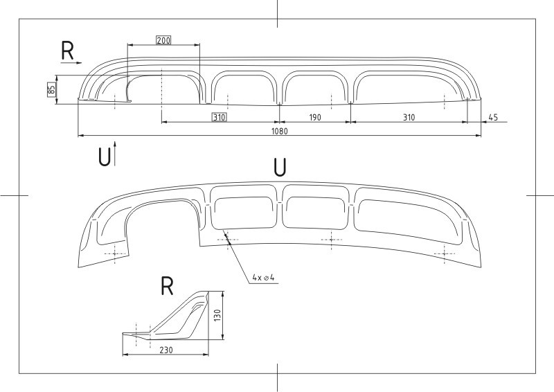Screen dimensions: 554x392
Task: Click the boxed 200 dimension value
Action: [163, 40]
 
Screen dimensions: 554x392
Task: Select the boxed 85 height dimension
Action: [51, 89]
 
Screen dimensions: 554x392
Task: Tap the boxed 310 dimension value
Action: [219, 117]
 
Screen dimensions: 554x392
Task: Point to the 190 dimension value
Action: [315, 117]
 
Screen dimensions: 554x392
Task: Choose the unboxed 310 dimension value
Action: [409, 117]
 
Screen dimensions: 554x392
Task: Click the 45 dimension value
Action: [493, 117]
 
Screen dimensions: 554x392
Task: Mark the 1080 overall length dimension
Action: [280, 131]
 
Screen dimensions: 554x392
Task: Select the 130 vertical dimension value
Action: [217, 315]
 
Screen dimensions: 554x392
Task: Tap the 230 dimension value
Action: [166, 350]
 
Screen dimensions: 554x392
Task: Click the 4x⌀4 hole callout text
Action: [263, 278]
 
